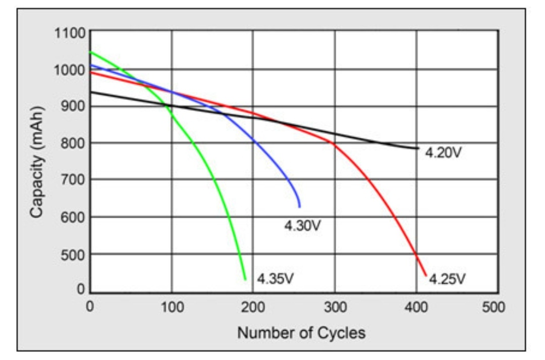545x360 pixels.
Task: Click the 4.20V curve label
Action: tap(443, 152)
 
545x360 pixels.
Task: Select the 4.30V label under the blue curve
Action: tap(302, 225)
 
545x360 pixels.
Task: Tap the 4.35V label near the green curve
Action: tap(275, 279)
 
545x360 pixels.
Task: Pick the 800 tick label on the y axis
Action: tap(72, 143)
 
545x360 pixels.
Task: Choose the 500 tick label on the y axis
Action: tap(72, 254)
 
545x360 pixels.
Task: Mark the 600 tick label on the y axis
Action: tap(72, 217)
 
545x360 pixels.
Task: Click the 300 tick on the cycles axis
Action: tap(335, 306)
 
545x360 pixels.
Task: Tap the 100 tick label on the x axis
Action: tap(172, 306)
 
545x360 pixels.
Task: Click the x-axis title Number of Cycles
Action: tap(301, 333)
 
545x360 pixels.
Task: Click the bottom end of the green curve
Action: tap(245, 279)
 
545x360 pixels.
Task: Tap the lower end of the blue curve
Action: tap(300, 207)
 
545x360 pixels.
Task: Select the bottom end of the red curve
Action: tap(426, 276)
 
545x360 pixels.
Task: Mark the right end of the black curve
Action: tap(418, 148)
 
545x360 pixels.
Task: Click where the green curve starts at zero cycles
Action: tap(91, 52)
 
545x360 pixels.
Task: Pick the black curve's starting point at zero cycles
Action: tap(91, 92)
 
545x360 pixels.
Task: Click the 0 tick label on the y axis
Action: tap(80, 290)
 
